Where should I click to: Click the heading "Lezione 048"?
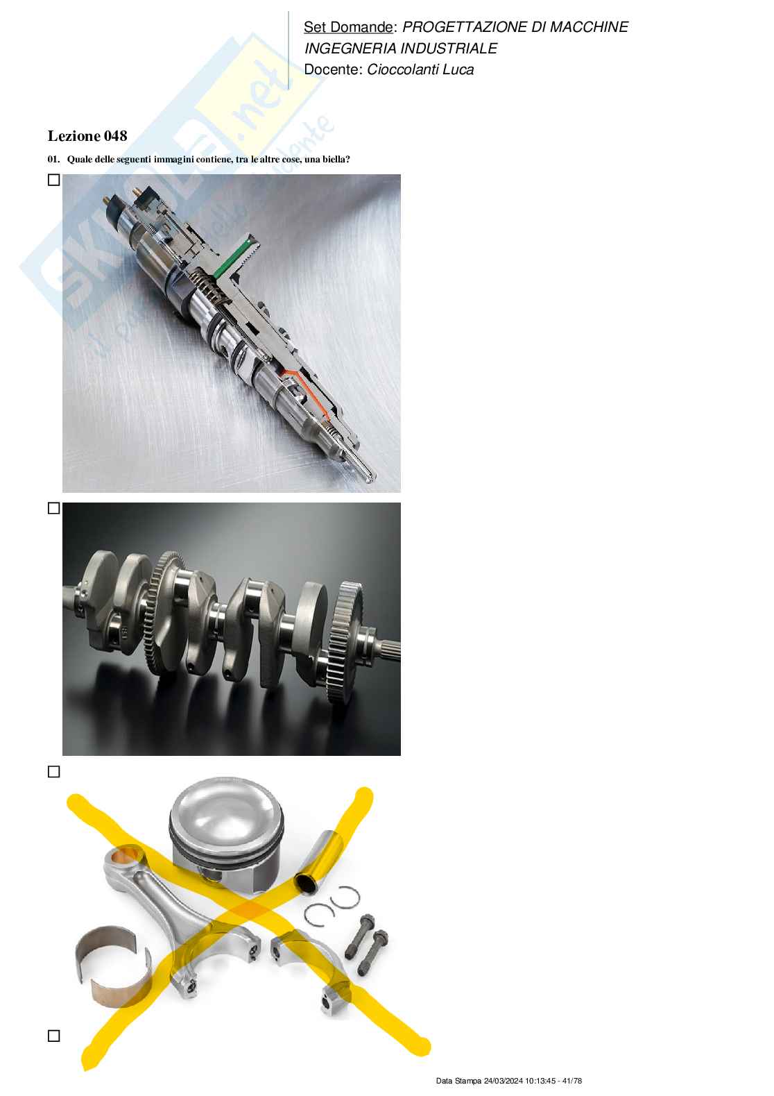[87, 135]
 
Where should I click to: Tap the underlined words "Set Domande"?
[347, 27]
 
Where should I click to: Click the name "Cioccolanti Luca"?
[420, 69]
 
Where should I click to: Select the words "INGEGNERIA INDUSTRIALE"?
[400, 49]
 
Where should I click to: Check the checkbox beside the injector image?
[54, 180]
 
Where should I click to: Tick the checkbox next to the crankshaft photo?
[54, 508]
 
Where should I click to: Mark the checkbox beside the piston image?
[54, 772]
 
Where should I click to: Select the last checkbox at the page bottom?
[54, 1036]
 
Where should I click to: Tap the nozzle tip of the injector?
[370, 477]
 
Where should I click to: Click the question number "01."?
[54, 160]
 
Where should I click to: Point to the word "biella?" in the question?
[336, 160]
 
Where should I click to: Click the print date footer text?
[508, 1081]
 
